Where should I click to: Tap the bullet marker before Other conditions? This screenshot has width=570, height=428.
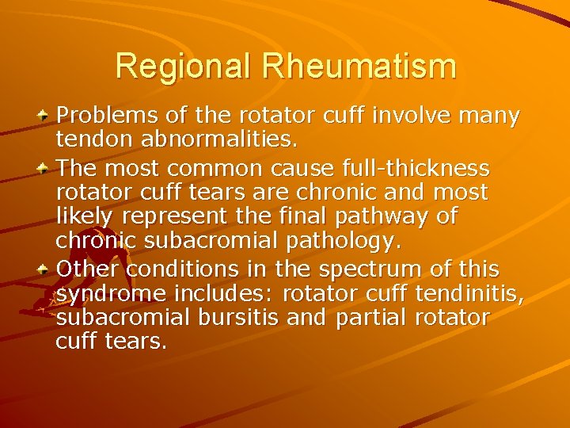click(x=45, y=269)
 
